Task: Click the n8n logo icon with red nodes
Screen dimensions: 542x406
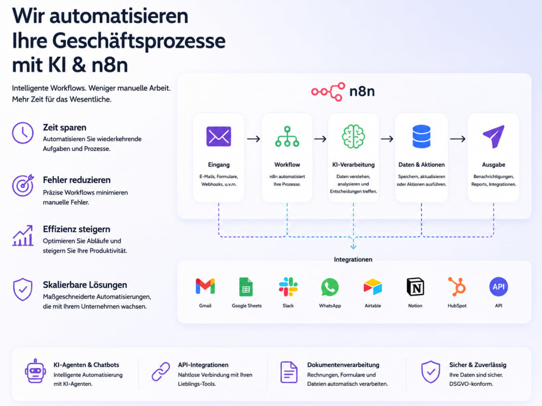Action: point(328,91)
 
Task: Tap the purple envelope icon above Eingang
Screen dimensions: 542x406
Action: point(218,136)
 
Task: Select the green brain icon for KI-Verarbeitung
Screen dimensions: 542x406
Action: point(353,136)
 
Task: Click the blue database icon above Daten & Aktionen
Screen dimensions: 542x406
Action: point(421,136)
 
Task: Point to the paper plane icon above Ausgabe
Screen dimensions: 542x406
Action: point(494,136)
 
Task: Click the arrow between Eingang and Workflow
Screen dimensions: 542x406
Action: point(253,139)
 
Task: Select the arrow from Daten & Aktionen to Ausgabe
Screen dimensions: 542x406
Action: point(457,139)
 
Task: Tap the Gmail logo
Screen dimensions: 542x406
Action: point(205,286)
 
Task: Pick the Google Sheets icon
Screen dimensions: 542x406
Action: point(246,286)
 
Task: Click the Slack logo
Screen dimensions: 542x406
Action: point(288,286)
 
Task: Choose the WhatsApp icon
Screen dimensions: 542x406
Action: point(330,287)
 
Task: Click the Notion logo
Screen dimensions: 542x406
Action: point(415,286)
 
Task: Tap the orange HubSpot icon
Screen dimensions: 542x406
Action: point(457,286)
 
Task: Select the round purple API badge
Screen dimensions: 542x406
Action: point(499,286)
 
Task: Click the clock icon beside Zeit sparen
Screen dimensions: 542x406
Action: point(23,133)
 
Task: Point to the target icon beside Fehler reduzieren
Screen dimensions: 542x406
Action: point(23,185)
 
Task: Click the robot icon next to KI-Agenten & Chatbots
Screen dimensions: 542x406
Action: point(35,371)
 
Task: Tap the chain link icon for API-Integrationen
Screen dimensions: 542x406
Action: point(161,371)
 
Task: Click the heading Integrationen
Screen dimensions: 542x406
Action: point(353,259)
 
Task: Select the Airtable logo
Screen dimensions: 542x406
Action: point(373,287)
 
